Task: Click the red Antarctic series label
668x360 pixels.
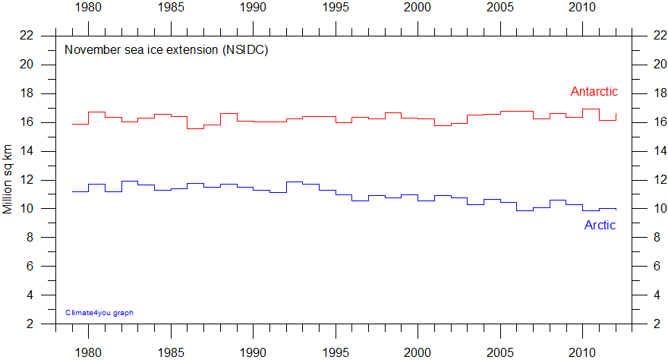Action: [x=594, y=92]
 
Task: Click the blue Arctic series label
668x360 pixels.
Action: [x=600, y=225]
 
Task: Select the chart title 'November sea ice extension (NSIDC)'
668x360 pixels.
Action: [x=166, y=50]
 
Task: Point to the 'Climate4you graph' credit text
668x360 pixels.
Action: [x=99, y=312]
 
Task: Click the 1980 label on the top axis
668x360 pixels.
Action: [x=89, y=8]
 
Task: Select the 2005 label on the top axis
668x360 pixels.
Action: [x=500, y=8]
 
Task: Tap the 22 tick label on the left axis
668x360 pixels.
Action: [x=27, y=36]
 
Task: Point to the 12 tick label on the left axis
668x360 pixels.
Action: [x=27, y=180]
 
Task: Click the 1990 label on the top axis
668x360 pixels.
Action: [x=254, y=8]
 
